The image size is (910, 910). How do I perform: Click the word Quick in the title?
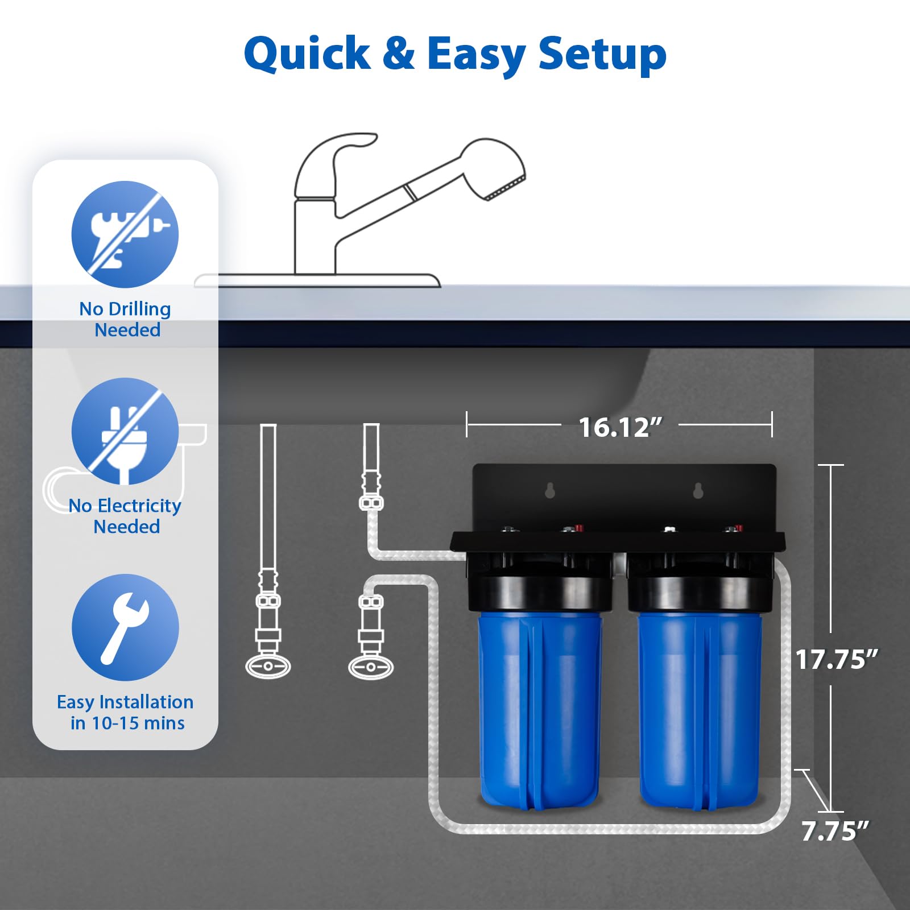[307, 54]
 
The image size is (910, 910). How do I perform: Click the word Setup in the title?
[602, 54]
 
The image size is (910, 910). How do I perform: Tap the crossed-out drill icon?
[125, 234]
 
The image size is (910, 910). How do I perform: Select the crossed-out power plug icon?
[125, 431]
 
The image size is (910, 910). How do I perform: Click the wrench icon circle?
[125, 627]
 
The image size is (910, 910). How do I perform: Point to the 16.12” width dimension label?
[620, 427]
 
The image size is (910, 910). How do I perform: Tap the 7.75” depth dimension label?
[835, 831]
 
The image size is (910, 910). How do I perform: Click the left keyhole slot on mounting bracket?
[550, 490]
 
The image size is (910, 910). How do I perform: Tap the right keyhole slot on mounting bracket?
[698, 490]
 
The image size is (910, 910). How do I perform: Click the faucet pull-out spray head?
[494, 171]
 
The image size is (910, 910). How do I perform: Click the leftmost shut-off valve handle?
[268, 666]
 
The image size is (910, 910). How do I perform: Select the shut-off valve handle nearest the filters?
[371, 667]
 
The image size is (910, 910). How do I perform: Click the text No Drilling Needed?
[126, 319]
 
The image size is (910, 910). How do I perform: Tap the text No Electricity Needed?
[125, 516]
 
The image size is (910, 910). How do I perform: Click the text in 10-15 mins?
[127, 723]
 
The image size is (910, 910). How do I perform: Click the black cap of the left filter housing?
[539, 591]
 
